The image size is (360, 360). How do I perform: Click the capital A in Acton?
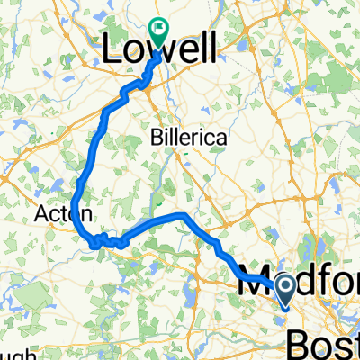(42, 214)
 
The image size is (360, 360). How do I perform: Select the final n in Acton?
(84, 214)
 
